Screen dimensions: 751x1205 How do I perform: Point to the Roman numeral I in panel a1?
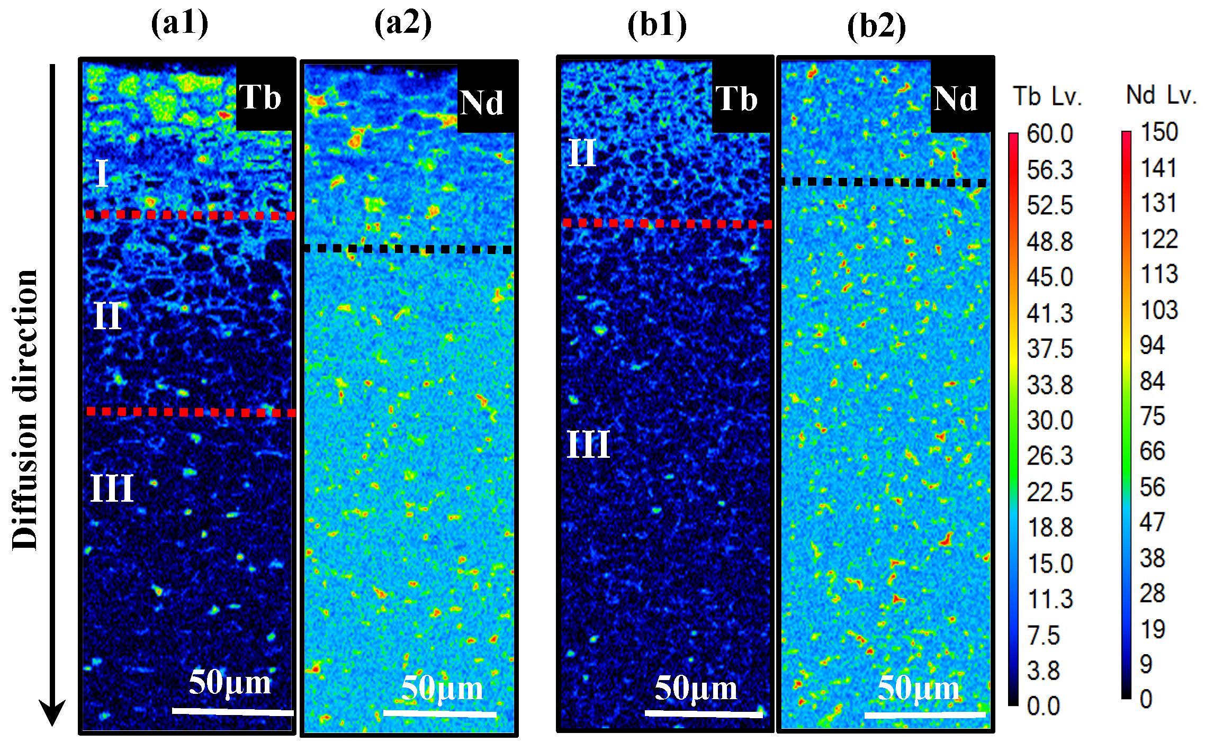tap(103, 173)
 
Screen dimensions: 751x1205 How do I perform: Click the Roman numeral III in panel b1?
tap(588, 444)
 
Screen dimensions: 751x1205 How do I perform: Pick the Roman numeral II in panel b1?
tap(582, 153)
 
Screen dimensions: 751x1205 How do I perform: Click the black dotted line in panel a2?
tap(408, 249)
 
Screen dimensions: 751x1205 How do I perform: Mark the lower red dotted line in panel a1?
tap(191, 412)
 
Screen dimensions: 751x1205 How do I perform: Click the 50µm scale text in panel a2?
tap(442, 689)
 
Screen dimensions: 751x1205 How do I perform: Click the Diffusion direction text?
tap(25, 410)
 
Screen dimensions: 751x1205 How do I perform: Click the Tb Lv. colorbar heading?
tap(1047, 97)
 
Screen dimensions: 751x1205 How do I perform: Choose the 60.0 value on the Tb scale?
tap(1049, 133)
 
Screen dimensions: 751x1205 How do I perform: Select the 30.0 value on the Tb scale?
tap(1049, 421)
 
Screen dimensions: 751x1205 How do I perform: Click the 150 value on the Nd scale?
tap(1159, 132)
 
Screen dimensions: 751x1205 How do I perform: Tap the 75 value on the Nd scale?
tap(1153, 416)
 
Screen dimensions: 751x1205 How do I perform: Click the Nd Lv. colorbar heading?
tap(1161, 96)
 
